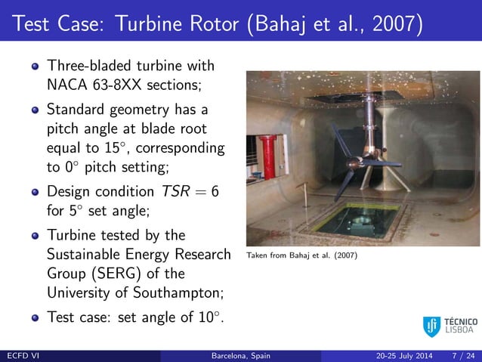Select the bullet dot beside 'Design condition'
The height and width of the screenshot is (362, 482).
32,193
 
